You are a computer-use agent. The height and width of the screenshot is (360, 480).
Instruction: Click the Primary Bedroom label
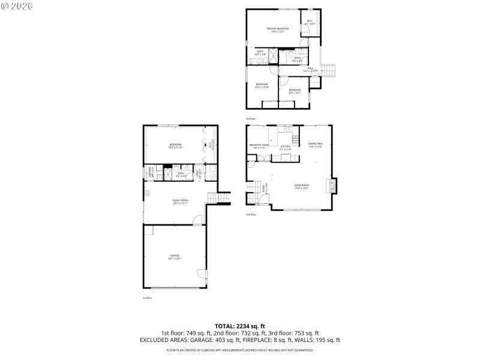(x=278, y=29)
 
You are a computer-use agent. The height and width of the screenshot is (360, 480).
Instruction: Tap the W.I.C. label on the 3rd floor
(x=310, y=22)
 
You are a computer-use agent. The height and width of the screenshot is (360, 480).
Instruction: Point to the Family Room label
(x=181, y=201)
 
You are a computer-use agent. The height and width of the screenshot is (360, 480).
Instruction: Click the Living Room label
(x=301, y=187)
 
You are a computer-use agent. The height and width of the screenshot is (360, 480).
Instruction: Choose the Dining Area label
(x=316, y=145)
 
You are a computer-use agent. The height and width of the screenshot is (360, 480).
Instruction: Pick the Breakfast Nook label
(x=259, y=146)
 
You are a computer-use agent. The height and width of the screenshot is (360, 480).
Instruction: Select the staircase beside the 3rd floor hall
(x=329, y=70)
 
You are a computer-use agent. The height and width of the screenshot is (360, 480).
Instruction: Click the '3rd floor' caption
(x=250, y=119)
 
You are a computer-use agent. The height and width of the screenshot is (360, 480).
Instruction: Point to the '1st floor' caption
(x=147, y=298)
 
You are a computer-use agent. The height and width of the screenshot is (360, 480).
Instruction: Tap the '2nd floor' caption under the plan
(x=250, y=214)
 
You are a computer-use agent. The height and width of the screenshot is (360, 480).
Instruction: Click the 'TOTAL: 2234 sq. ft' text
(x=240, y=326)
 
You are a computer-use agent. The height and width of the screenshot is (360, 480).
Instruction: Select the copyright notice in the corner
(x=17, y=5)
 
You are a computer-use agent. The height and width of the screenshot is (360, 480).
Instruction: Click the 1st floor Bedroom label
(x=175, y=146)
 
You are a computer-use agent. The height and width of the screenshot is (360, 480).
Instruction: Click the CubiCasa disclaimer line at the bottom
(x=240, y=349)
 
